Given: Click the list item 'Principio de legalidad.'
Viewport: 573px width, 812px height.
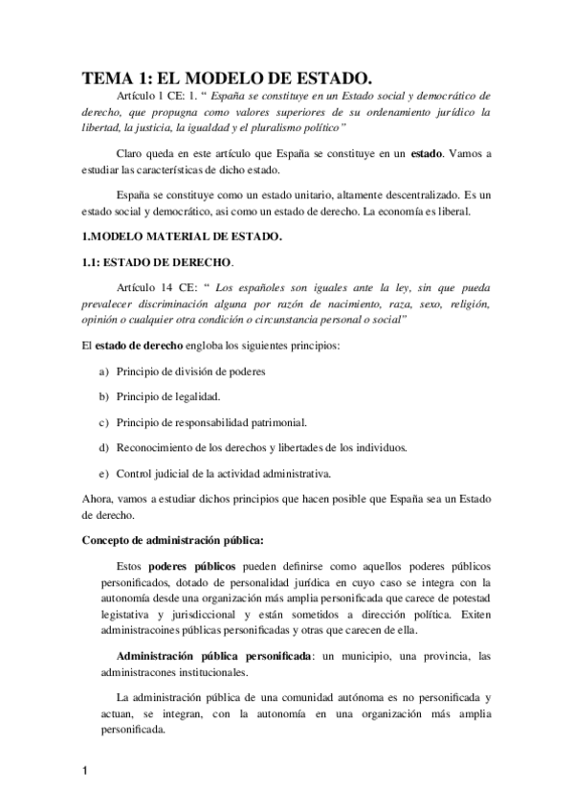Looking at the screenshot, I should click(168, 396).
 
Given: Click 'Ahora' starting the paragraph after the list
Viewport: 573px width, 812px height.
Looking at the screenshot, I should click(97, 499).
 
